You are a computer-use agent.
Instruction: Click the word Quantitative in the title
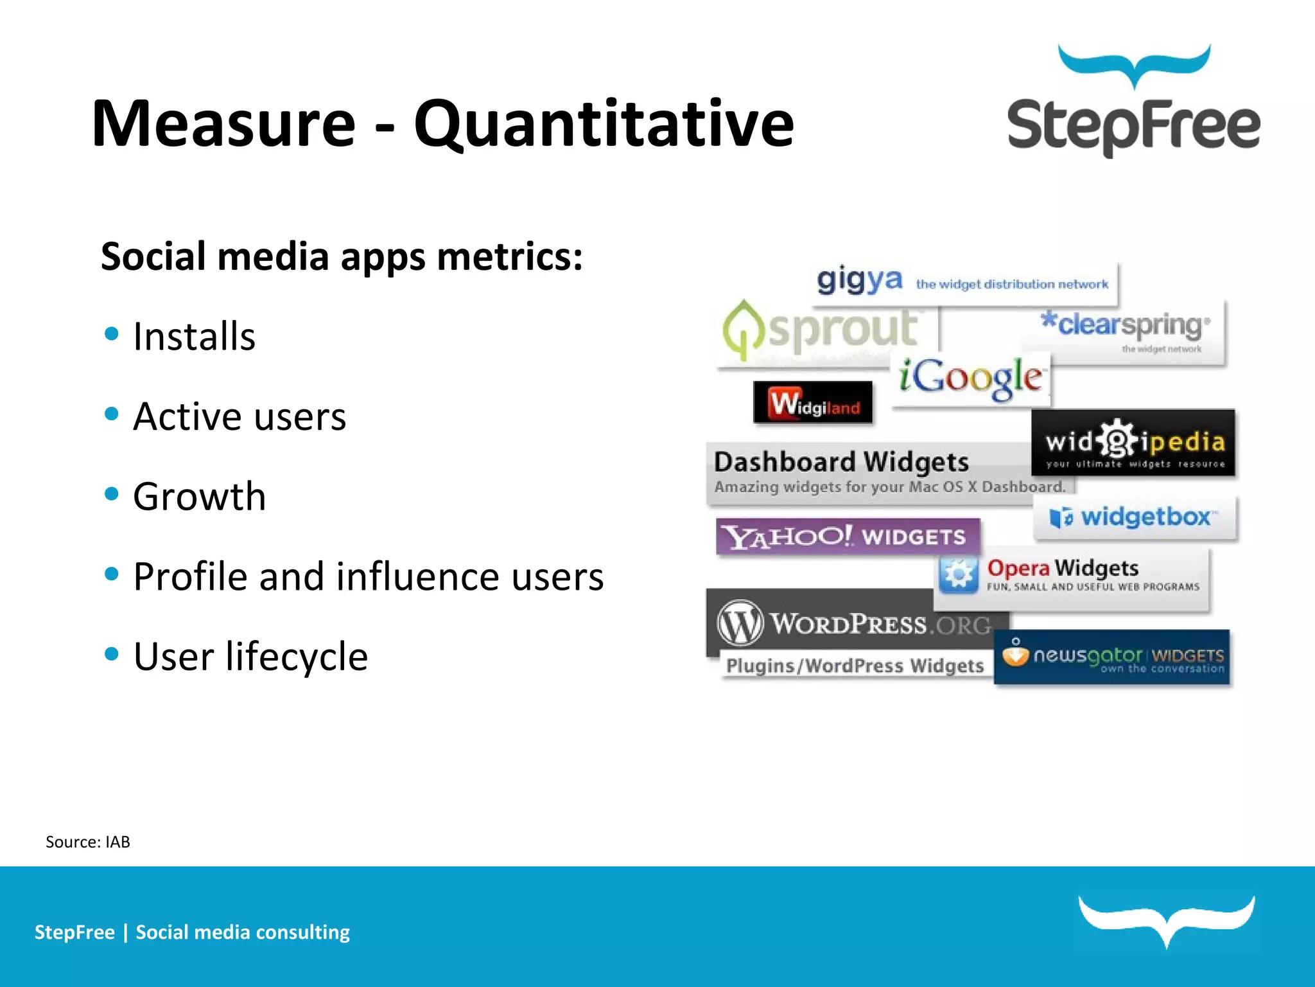click(x=604, y=124)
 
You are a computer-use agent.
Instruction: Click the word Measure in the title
click(x=223, y=124)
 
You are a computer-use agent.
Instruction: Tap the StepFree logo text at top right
click(x=1133, y=126)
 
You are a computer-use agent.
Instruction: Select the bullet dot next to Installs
click(x=112, y=333)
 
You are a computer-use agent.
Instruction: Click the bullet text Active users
click(x=239, y=416)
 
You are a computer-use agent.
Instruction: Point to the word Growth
click(x=200, y=496)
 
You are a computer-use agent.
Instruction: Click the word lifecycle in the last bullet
click(x=296, y=656)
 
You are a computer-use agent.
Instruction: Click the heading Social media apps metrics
click(x=342, y=256)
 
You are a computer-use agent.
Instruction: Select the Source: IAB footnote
click(x=88, y=842)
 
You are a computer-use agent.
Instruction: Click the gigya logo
click(x=859, y=281)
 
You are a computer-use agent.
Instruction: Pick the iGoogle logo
click(x=970, y=378)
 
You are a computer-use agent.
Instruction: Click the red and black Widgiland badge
click(x=813, y=403)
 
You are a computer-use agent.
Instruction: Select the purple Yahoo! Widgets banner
click(x=847, y=536)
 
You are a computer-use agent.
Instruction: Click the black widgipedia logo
click(x=1133, y=443)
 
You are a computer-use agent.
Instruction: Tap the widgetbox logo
click(x=1134, y=517)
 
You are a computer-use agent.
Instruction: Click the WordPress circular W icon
click(x=740, y=622)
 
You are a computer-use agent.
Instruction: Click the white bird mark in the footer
click(x=1166, y=920)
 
